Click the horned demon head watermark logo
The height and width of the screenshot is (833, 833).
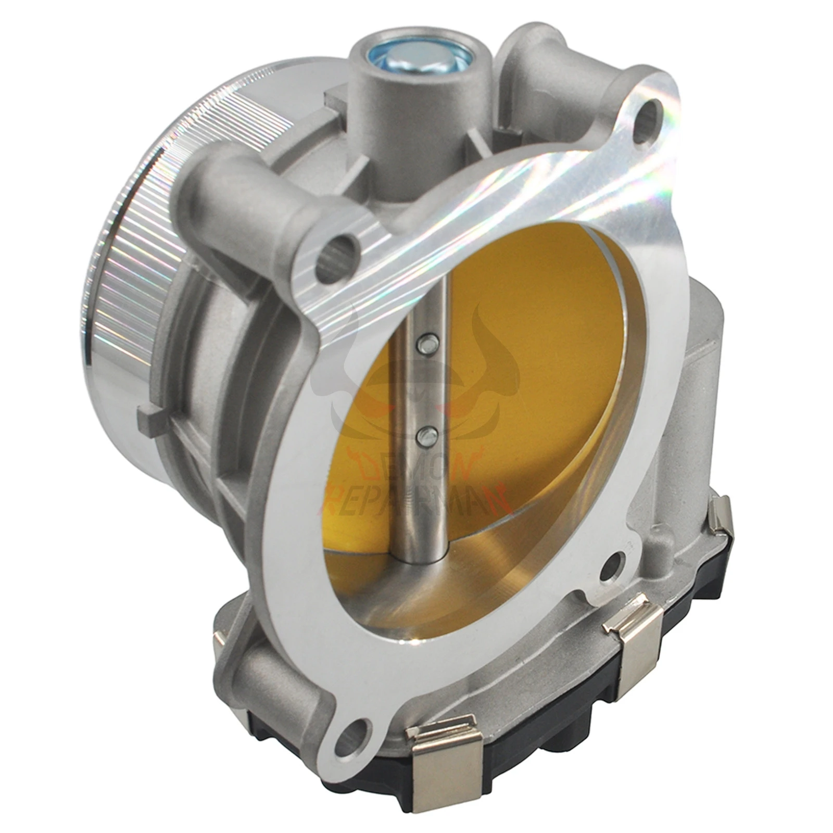point(411,375)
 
